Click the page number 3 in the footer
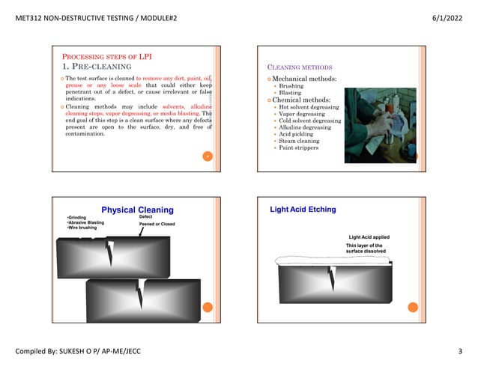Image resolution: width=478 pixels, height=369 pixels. pos(459,351)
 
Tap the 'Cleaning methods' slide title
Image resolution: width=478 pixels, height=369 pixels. pos(299,67)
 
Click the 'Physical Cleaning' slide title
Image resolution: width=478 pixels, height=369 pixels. pos(137,210)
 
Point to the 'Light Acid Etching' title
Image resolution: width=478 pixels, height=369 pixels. pos(303,210)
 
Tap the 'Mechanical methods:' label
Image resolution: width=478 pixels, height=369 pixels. pos(304,78)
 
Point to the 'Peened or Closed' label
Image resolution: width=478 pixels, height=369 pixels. pos(157,224)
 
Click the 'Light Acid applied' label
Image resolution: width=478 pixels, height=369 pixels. pos(369,237)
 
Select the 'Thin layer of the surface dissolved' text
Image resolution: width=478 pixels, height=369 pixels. pos(366,248)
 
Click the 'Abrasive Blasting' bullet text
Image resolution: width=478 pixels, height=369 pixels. pos(86,222)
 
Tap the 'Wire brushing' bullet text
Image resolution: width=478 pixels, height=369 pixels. pos(81,228)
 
